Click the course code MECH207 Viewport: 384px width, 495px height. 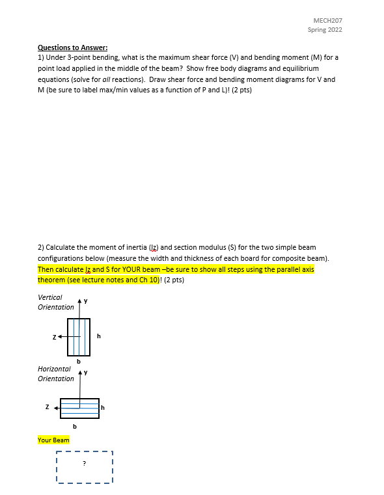point(328,21)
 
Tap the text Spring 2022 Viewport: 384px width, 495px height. point(325,30)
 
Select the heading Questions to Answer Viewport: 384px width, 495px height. point(72,47)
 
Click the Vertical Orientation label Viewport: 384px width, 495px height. point(55,302)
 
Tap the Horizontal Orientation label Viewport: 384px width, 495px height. point(56,373)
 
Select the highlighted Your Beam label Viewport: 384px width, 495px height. point(53,440)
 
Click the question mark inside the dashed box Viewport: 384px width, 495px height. point(83,463)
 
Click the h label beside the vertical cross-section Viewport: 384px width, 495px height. point(98,336)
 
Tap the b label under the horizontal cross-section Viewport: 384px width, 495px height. point(74,427)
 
